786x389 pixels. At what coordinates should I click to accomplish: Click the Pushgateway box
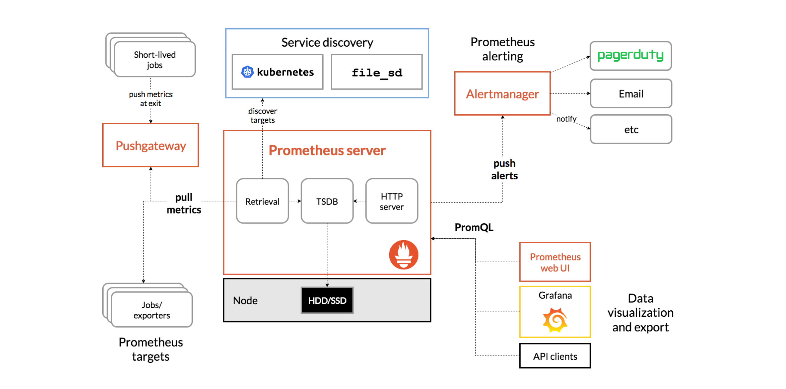(x=150, y=145)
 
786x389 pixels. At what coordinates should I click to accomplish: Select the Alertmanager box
(x=502, y=93)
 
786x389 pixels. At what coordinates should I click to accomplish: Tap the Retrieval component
(x=262, y=201)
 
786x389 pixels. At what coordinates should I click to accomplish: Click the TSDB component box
(x=327, y=201)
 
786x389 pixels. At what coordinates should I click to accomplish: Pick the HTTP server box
(x=391, y=201)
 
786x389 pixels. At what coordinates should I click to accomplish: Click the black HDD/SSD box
(x=327, y=300)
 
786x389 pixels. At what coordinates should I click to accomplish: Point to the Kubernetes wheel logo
(x=247, y=72)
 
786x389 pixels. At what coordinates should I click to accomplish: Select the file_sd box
(x=377, y=72)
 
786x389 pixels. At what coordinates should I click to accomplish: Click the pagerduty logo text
(x=630, y=55)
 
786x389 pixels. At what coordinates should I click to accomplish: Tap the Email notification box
(x=631, y=93)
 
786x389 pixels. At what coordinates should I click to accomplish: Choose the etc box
(x=631, y=129)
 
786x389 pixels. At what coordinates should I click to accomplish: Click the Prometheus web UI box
(x=555, y=262)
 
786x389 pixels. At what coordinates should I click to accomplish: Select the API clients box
(x=555, y=356)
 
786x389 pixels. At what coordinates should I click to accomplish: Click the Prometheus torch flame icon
(x=403, y=255)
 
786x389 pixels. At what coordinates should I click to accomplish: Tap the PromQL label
(x=474, y=227)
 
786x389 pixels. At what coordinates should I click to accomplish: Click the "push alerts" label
(x=504, y=169)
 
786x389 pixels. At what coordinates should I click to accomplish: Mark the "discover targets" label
(x=262, y=116)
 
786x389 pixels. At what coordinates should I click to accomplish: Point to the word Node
(x=245, y=301)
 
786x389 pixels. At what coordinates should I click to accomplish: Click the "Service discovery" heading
(x=327, y=42)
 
